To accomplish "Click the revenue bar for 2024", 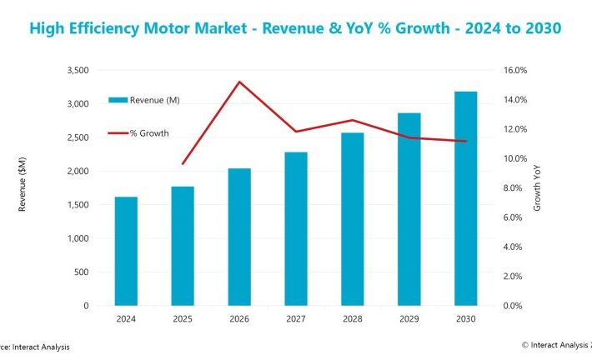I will pyautogui.click(x=126, y=251).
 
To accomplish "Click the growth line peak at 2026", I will pyautogui.click(x=239, y=82).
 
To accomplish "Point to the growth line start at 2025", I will pyautogui.click(x=183, y=164).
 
